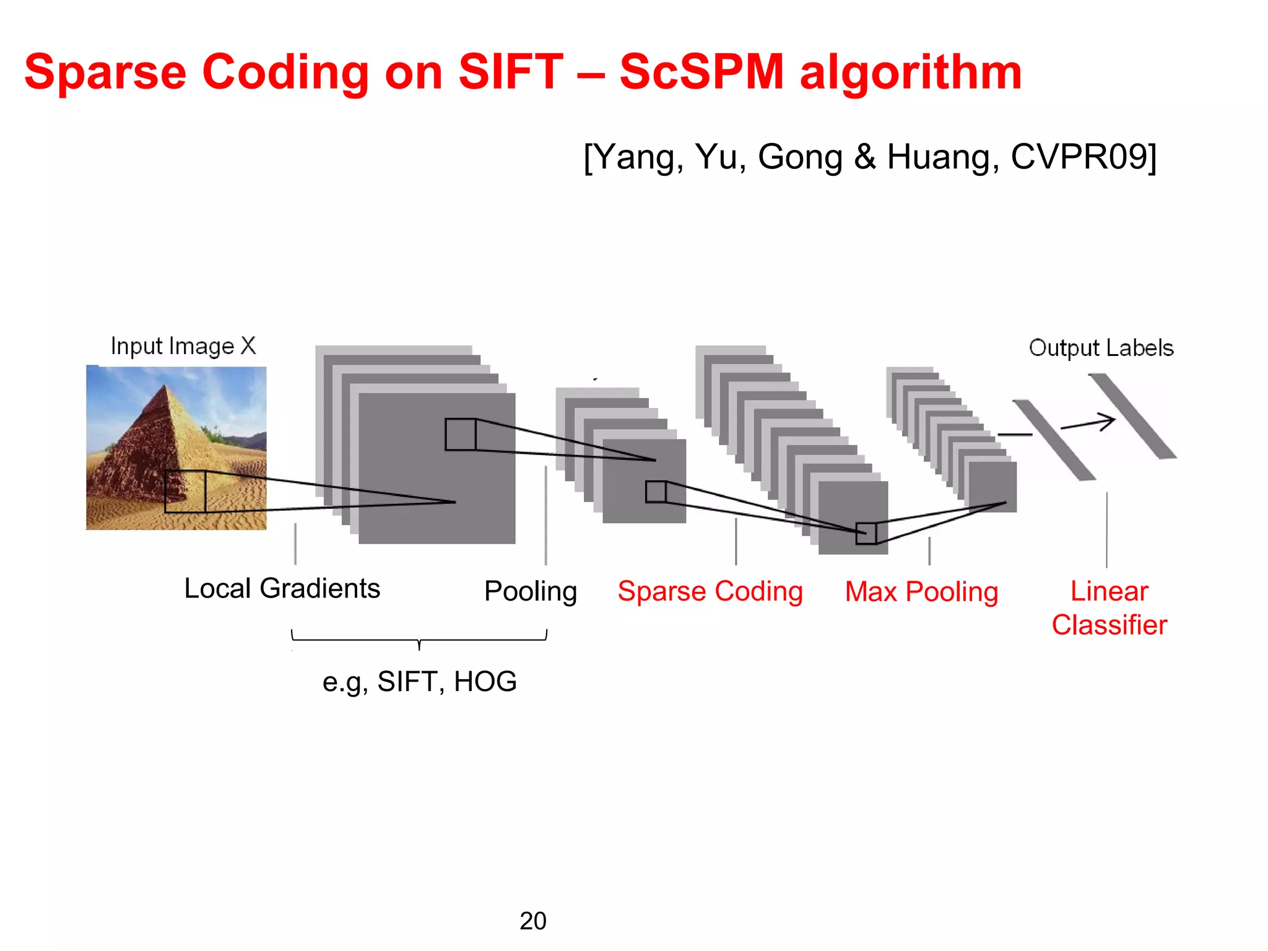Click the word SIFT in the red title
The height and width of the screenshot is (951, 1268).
510,72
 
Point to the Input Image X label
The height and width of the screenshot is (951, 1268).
183,346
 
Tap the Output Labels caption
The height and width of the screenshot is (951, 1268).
1101,348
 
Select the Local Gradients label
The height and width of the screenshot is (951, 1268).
282,588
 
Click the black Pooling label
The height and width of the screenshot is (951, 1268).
531,591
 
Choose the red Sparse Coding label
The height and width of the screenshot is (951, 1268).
710,591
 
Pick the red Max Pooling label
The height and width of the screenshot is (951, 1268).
921,592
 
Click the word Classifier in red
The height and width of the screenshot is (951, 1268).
1109,625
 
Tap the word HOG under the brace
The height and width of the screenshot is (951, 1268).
485,682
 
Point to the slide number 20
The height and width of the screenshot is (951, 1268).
532,921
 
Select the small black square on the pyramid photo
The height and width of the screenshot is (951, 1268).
185,492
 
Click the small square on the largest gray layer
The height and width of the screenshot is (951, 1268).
461,435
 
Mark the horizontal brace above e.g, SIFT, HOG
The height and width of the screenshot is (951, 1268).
419,638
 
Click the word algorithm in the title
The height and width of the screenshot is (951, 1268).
910,72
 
